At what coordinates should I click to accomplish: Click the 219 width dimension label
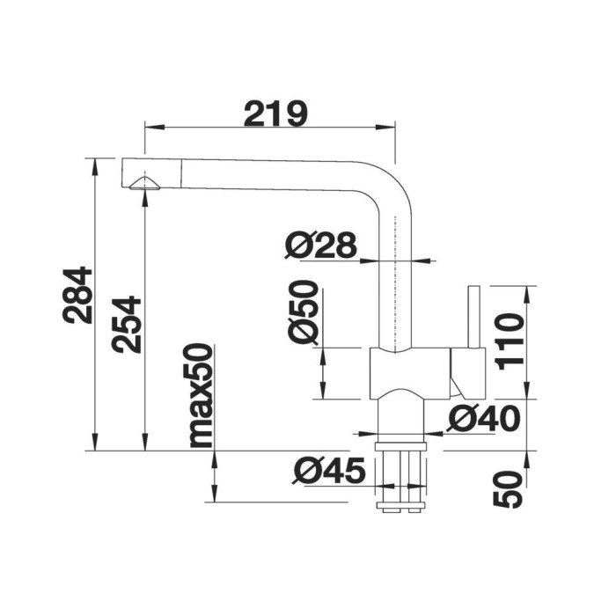pos(275,114)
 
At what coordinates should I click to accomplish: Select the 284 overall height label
pos(77,295)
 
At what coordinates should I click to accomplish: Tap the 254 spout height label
pos(126,325)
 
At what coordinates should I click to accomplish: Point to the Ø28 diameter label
pos(321,246)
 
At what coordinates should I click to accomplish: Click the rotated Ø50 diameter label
pos(302,312)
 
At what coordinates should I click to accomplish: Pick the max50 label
pos(202,396)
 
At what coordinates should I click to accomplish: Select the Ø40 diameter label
pos(484,418)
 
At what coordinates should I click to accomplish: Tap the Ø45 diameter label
pos(329,470)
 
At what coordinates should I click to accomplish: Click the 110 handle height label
pos(510,341)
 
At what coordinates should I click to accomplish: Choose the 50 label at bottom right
pos(508,489)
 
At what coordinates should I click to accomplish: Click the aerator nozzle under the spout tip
pos(145,184)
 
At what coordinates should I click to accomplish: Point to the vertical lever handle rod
pos(473,317)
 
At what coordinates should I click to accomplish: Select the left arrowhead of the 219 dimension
pos(154,127)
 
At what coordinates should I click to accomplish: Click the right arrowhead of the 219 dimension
pos(385,127)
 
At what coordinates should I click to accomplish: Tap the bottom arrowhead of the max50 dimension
pos(214,493)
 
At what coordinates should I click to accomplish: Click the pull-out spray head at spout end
pos(152,173)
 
